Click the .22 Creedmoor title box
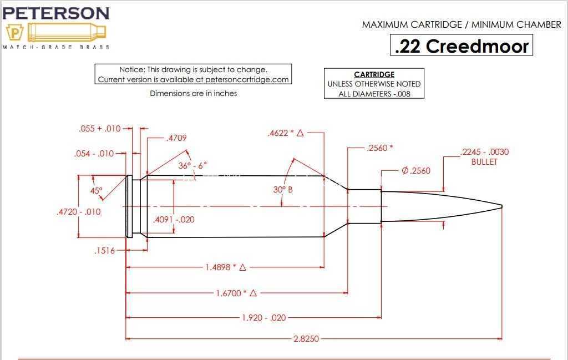461,45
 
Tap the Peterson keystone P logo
14,33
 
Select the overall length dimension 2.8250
306,339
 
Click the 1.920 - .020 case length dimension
263,318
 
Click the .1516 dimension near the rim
104,251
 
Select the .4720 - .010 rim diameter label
79,212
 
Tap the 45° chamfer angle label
97,190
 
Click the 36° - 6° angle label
192,165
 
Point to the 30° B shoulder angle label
283,189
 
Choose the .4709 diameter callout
176,138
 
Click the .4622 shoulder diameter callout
286,133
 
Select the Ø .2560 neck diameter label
416,171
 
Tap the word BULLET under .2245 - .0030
484,162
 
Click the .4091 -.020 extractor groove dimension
174,220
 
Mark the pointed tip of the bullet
501,206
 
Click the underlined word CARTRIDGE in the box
374,74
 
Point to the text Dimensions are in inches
194,93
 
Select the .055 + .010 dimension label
100,129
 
